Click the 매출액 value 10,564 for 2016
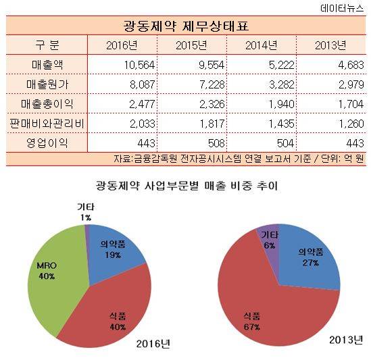[x=139, y=65]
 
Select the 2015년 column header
[x=191, y=45]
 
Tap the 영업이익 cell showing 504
[x=285, y=143]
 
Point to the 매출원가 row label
[x=47, y=84]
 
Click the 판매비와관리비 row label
[x=47, y=124]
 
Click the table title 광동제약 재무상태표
[x=186, y=26]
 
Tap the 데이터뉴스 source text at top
[x=342, y=8]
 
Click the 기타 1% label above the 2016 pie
[x=85, y=212]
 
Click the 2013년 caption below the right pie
[x=346, y=340]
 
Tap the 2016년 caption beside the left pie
[x=153, y=344]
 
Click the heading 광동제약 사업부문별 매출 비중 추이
[x=187, y=186]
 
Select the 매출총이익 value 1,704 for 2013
[x=351, y=104]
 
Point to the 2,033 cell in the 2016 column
[x=142, y=124]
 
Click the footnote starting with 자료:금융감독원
[x=239, y=159]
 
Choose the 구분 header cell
[x=47, y=45]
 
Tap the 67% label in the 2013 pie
[x=252, y=327]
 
